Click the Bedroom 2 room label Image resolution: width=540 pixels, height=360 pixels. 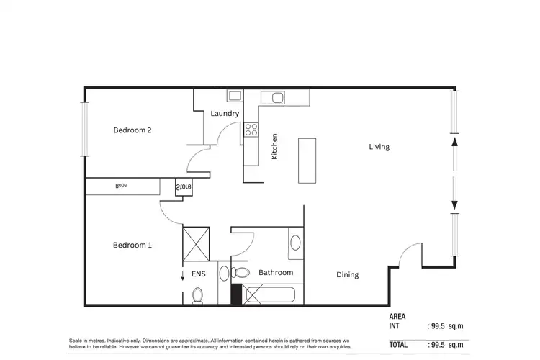(132, 130)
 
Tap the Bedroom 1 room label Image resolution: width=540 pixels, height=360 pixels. (132, 245)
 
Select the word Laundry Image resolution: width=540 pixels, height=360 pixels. (225, 114)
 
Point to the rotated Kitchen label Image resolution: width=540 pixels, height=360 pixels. (274, 148)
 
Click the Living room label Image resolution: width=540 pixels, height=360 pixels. (379, 147)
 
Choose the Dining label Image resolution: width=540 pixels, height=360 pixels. (347, 275)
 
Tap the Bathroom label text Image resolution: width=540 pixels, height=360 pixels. (276, 273)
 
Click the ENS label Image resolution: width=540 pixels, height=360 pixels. (198, 274)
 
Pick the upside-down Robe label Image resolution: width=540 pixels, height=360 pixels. (122, 186)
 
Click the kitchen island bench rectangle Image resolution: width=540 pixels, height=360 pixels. (307, 159)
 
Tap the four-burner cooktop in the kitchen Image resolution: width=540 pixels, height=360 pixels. (251, 130)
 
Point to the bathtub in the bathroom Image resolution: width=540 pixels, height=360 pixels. (270, 294)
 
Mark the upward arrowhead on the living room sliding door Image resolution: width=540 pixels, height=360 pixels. (454, 142)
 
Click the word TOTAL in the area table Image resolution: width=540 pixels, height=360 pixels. (400, 345)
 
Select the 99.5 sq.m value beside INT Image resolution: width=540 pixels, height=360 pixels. (446, 326)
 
